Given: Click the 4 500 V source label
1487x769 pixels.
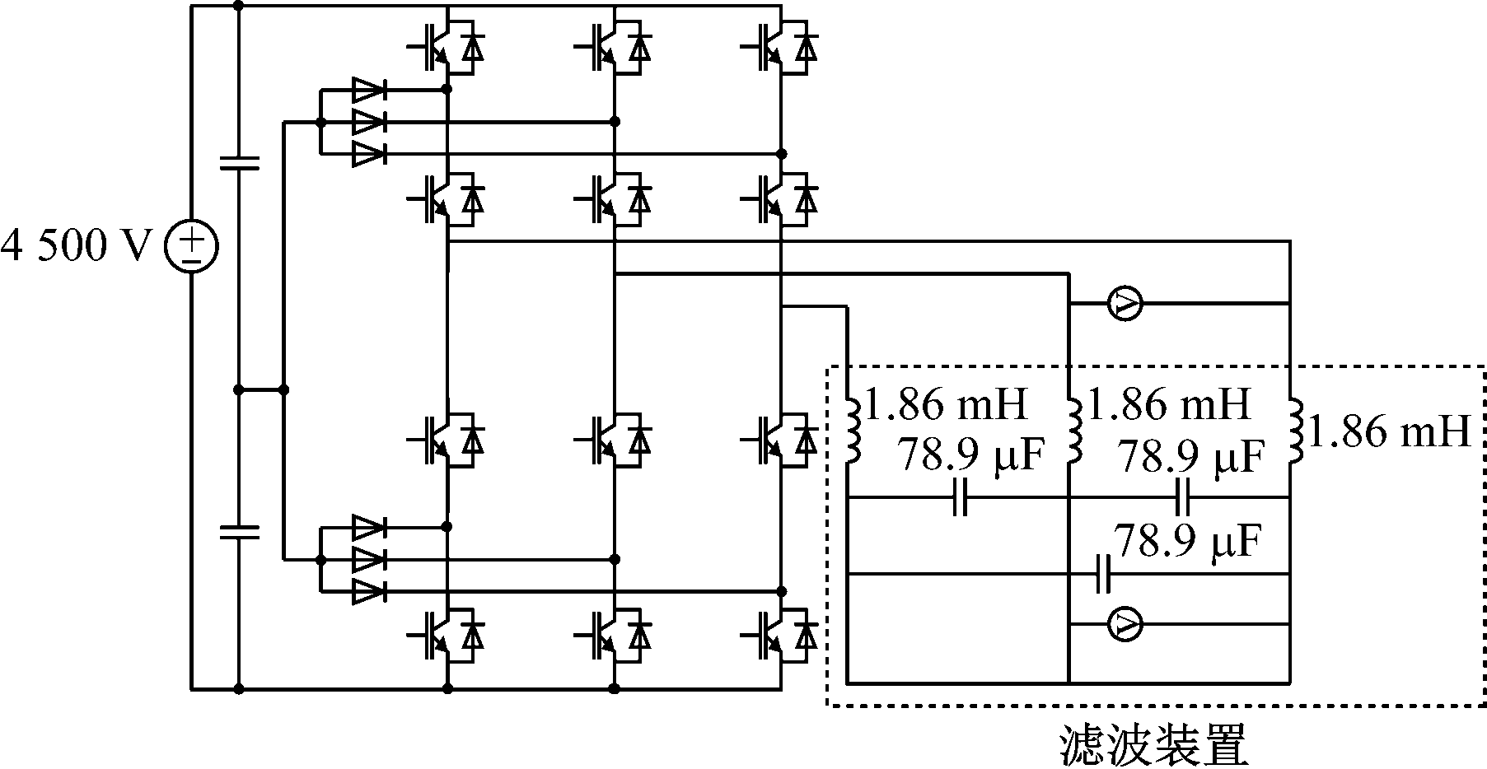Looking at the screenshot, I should pos(78,246).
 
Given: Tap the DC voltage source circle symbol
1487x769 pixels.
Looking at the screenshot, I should pos(191,246).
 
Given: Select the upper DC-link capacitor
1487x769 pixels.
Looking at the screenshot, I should pos(239,162).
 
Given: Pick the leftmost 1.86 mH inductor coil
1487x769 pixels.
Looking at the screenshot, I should pos(853,429).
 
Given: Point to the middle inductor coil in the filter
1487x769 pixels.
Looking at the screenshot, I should pos(1074,429).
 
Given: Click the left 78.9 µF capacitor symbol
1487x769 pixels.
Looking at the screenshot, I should pos(959,498).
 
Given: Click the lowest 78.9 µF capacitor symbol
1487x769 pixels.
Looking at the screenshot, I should pos(1104,574).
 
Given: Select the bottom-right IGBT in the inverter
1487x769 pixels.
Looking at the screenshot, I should pos(779,635).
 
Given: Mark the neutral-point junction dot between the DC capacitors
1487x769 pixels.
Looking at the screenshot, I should pos(239,390).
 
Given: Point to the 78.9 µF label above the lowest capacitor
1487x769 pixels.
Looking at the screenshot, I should pos(1186,541).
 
